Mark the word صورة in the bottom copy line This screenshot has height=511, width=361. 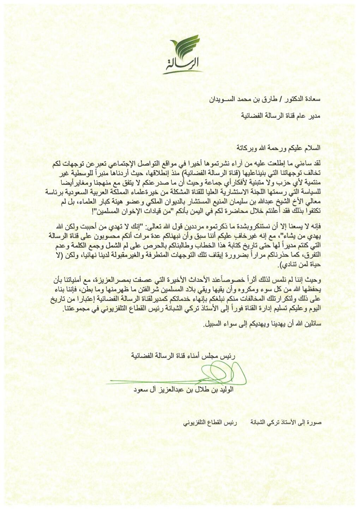(315, 422)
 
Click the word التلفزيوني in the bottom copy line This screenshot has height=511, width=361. (195, 422)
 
